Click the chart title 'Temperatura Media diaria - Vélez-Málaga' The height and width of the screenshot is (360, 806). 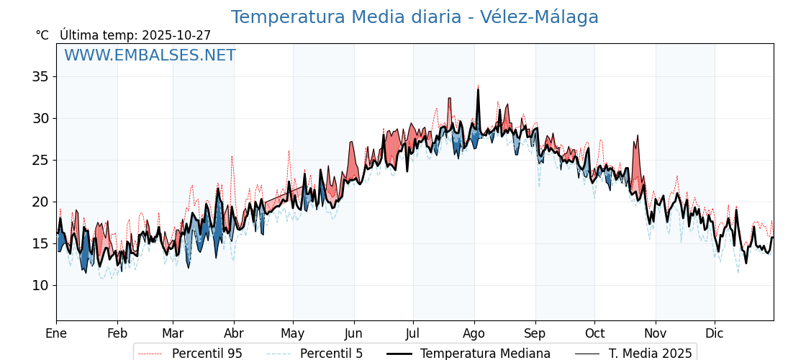(x=415, y=17)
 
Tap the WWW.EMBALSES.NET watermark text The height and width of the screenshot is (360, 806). (x=150, y=55)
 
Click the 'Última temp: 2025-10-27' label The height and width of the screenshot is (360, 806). (x=135, y=35)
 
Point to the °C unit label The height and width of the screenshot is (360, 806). (x=42, y=35)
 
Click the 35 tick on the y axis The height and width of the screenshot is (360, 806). (x=40, y=76)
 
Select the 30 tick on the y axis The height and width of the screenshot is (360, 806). (x=40, y=118)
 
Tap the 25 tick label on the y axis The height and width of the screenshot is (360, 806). (x=40, y=160)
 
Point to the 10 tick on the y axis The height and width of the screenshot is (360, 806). (x=40, y=285)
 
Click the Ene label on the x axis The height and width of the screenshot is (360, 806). (x=56, y=333)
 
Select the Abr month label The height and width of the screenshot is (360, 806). (x=234, y=333)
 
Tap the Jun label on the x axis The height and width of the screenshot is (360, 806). (x=354, y=333)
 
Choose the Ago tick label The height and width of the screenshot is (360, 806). (x=474, y=333)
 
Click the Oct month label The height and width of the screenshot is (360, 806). (x=594, y=333)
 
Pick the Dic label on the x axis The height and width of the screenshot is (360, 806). (x=715, y=333)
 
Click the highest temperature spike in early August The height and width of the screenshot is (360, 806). (x=478, y=86)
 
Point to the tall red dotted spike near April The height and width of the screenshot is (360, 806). (x=232, y=156)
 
